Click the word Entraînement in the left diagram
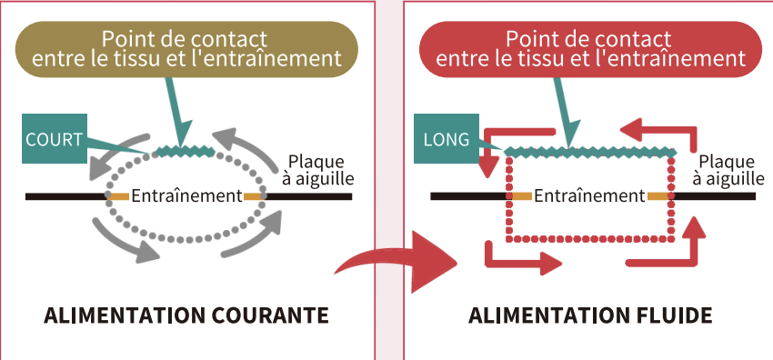tap(186, 195)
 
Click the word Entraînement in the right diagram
tap(589, 195)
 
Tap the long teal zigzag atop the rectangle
tap(590, 150)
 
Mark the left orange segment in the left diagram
tap(119, 195)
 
